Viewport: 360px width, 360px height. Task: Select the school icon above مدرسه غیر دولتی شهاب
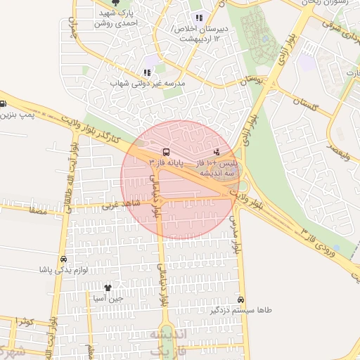[147, 72]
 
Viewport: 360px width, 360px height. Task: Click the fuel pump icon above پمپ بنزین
[3, 103]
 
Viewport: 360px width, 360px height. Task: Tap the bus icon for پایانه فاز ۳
[166, 151]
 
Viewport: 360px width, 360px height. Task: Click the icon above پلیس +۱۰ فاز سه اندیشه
[216, 151]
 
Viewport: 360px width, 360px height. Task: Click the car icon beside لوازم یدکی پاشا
[64, 259]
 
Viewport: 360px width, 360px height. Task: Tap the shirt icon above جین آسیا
[108, 288]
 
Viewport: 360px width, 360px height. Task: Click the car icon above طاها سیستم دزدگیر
[242, 299]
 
